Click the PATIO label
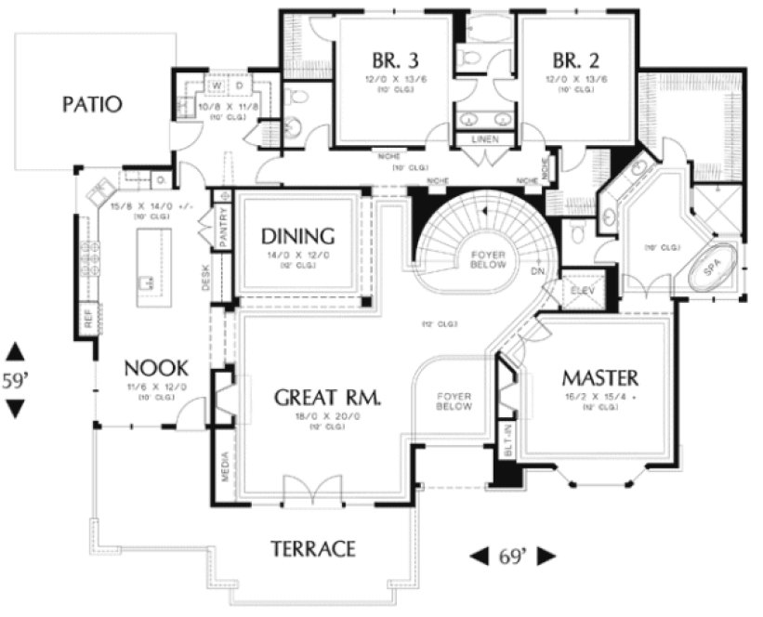point(92,103)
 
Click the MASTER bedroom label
point(599,378)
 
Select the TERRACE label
point(313,548)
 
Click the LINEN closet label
point(485,139)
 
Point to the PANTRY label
point(223,229)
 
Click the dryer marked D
point(238,86)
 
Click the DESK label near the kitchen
point(206,278)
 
